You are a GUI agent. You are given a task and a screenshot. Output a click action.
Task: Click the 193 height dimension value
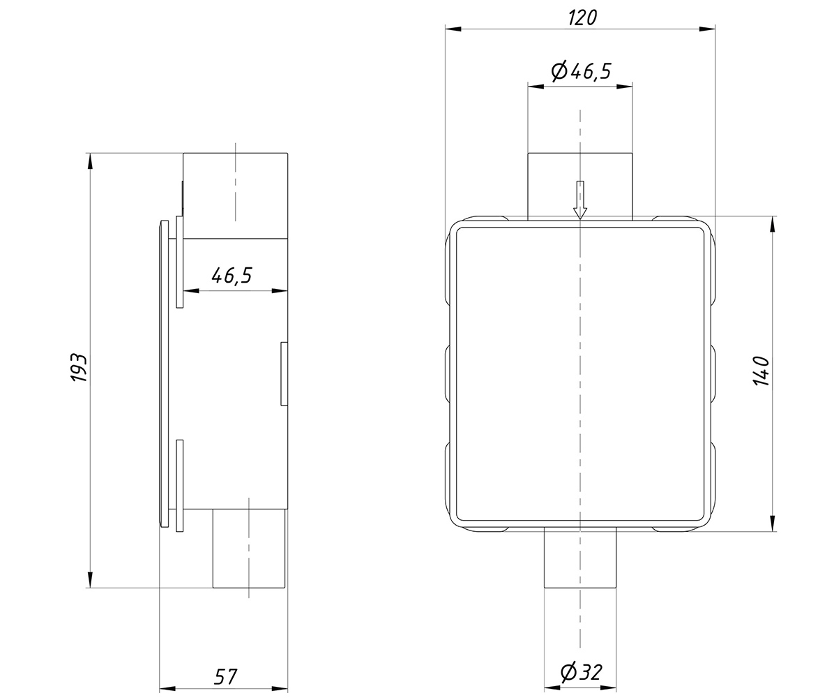point(79,367)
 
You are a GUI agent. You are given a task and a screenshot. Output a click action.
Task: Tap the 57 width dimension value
point(225,676)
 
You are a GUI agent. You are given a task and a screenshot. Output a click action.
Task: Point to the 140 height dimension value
point(761,371)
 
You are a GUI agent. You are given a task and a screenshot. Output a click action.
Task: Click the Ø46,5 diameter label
point(581,70)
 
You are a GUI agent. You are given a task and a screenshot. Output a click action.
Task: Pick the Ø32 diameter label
point(581,672)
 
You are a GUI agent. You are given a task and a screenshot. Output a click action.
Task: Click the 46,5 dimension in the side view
point(232,276)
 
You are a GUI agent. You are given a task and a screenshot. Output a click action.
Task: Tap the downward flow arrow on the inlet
point(580,200)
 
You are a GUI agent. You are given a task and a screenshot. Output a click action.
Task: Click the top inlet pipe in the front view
point(579,186)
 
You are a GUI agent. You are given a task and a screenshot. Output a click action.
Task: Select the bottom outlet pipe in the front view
point(580,558)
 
